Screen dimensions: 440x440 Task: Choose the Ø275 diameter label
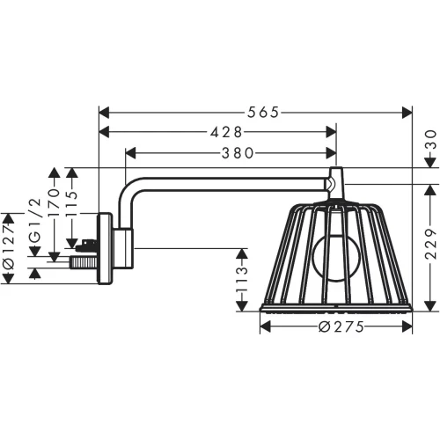pos(336,326)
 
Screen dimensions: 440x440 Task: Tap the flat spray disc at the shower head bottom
pos(335,308)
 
